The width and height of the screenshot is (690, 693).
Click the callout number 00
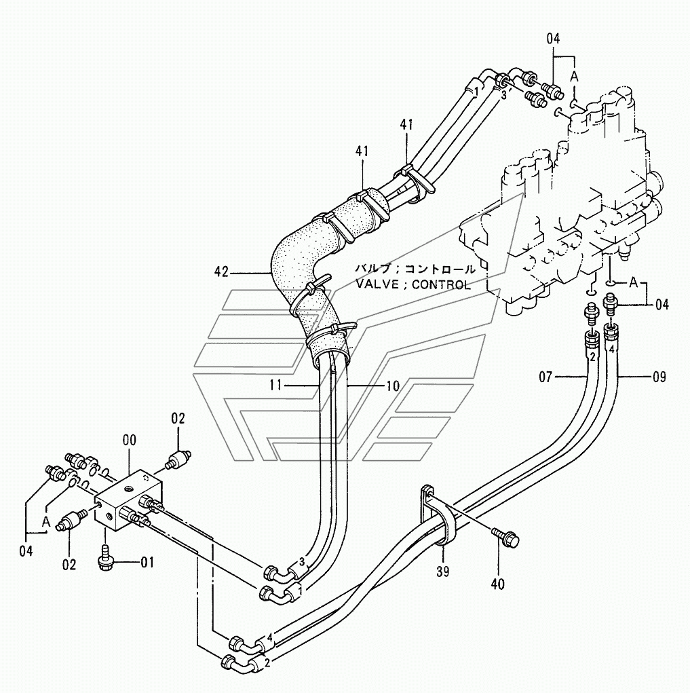point(129,441)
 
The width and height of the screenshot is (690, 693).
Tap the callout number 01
point(147,561)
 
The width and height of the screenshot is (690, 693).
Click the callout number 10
point(393,385)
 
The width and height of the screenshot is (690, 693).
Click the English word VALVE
point(377,284)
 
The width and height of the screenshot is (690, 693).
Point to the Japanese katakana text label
point(415,269)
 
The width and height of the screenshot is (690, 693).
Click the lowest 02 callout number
point(69,563)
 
